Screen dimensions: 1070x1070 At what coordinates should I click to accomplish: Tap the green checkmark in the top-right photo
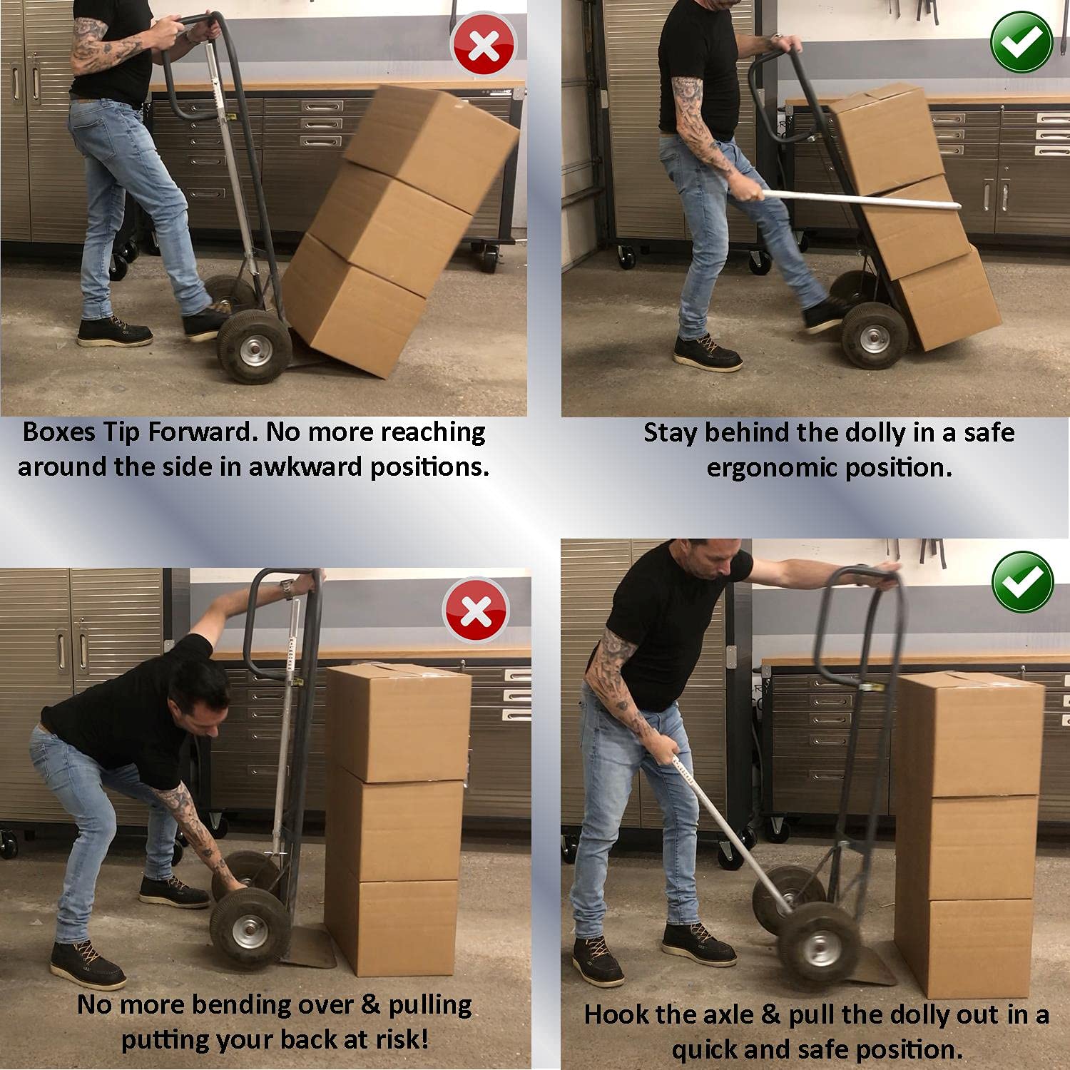(x=1021, y=42)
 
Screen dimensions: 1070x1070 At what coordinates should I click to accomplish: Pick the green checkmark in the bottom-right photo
(x=1021, y=581)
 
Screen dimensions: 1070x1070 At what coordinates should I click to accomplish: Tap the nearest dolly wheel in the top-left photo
(x=253, y=347)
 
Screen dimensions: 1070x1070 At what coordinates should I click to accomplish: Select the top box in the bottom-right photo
(x=969, y=734)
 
